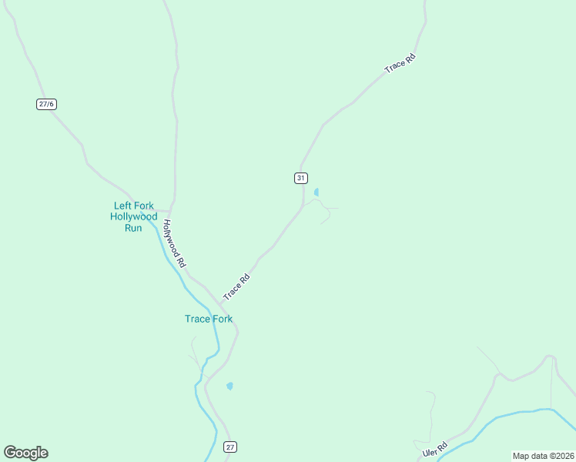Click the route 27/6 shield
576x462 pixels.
(x=46, y=104)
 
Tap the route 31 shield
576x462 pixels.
(x=300, y=178)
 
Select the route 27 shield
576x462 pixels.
(x=230, y=447)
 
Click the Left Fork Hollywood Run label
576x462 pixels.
(x=134, y=216)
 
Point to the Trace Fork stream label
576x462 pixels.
(x=209, y=319)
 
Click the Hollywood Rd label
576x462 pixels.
(x=174, y=243)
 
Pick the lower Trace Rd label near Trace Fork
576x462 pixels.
(x=236, y=287)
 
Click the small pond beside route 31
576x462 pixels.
(x=316, y=192)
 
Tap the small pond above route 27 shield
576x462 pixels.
(x=229, y=386)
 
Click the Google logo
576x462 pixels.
(x=25, y=453)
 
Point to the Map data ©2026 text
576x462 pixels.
(x=542, y=455)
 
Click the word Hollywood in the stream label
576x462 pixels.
(x=134, y=216)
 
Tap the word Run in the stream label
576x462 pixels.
(x=134, y=228)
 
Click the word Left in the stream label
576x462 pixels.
(x=122, y=206)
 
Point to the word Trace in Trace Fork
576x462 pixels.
(x=196, y=319)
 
